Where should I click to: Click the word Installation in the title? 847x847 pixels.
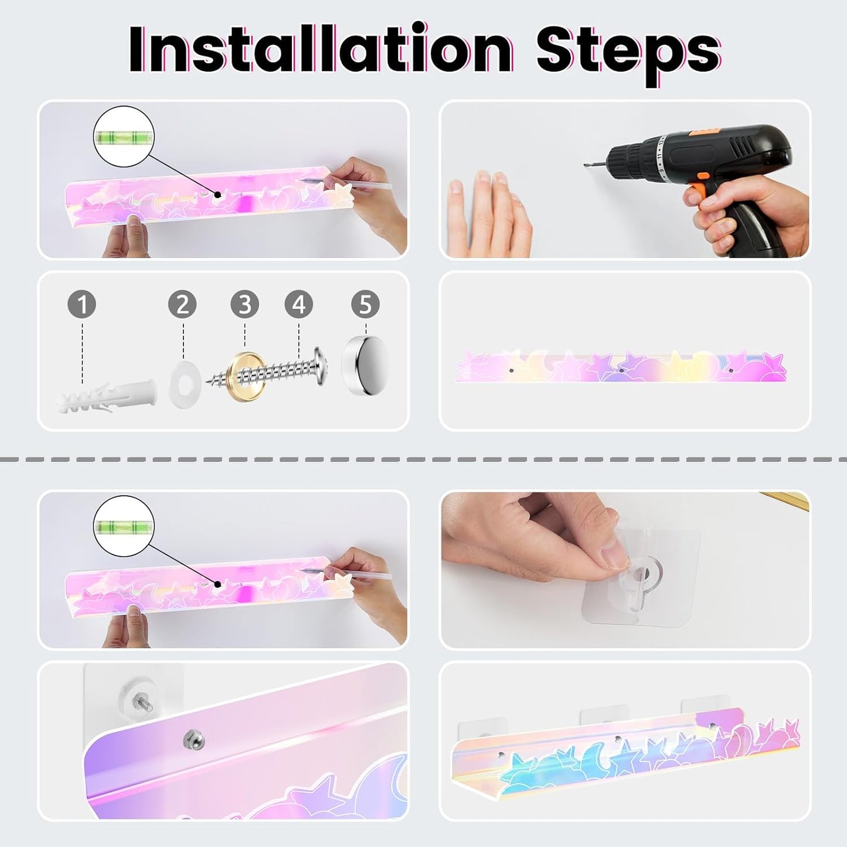[x=321, y=50]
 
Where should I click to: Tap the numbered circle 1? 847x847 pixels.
[x=82, y=304]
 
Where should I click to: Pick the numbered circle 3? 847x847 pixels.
[x=245, y=304]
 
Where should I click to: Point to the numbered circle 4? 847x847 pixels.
[x=299, y=304]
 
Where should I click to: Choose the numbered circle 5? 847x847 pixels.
[x=366, y=304]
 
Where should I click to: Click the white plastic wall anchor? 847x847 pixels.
[x=107, y=396]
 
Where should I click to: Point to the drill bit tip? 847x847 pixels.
[x=585, y=165]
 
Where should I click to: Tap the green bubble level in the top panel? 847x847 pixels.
[x=124, y=137]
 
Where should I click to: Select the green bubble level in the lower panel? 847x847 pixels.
[x=124, y=526]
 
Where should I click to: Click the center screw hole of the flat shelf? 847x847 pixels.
[x=621, y=370]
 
